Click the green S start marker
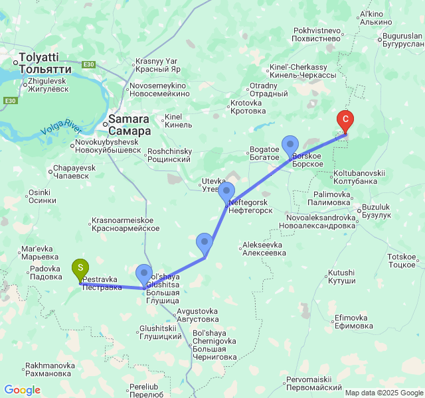(80, 269)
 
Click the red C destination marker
(345, 121)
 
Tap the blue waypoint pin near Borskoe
(290, 145)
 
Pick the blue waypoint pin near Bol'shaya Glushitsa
(143, 273)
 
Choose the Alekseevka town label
(264, 249)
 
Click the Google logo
(22, 390)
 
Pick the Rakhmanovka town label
(50, 369)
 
